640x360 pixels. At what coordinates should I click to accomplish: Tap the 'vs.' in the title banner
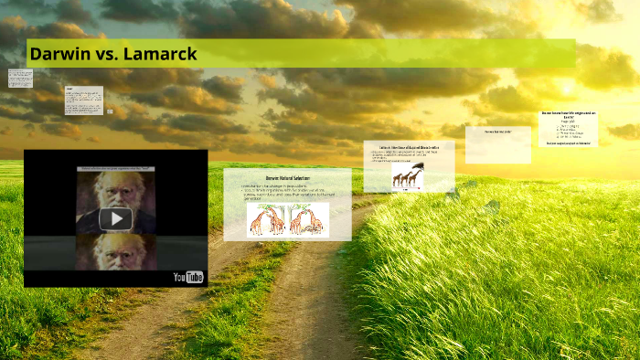point(110,54)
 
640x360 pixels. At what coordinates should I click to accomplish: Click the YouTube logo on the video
point(188,277)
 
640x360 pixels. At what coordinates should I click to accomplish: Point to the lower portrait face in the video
point(116,250)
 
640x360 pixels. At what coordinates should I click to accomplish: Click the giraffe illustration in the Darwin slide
point(288,219)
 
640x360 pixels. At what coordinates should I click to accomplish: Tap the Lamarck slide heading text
point(409,146)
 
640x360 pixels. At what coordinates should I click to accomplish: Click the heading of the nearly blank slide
point(497,132)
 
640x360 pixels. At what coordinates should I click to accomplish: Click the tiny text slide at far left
point(20,78)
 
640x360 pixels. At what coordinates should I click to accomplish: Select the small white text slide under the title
point(83,101)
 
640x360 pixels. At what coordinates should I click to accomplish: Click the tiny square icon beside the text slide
point(110,111)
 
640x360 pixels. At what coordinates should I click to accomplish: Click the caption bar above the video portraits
point(116,169)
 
